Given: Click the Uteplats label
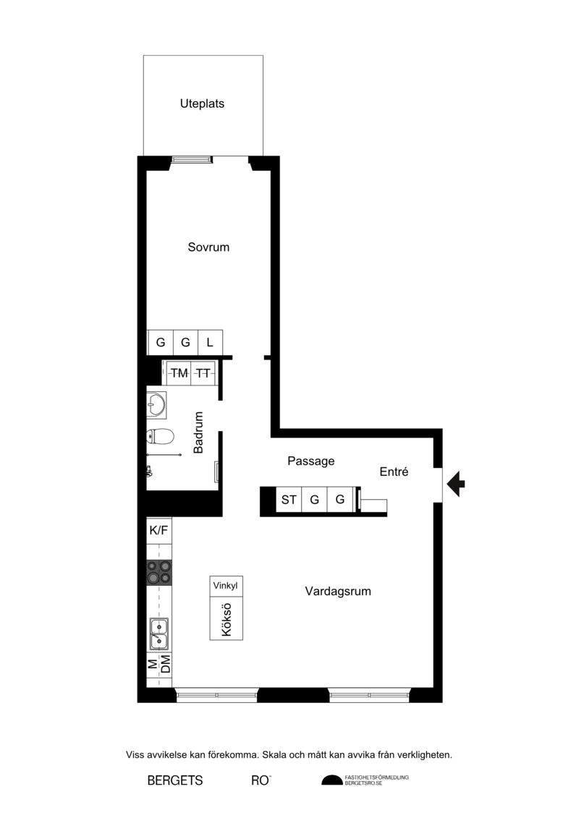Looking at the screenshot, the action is (x=202, y=104).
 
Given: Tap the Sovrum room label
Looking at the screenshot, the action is (x=208, y=247).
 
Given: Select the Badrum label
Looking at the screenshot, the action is (x=198, y=433).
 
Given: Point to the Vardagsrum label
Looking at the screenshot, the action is (x=338, y=591).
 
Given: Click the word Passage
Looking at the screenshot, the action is (x=310, y=461).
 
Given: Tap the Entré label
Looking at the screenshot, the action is (x=394, y=472).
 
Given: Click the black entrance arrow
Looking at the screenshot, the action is (x=456, y=484).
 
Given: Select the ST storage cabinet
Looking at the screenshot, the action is (x=289, y=500).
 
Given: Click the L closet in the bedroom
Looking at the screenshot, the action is (x=211, y=342).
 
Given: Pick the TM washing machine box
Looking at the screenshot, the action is (x=179, y=373).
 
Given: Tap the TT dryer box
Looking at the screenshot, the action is (x=203, y=373).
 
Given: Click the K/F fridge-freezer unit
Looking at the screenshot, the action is (x=159, y=531).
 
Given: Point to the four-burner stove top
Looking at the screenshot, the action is (x=159, y=572).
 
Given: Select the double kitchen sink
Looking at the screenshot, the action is (x=159, y=634).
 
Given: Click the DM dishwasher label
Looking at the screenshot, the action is (x=166, y=665).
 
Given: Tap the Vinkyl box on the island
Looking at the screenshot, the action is (x=226, y=585).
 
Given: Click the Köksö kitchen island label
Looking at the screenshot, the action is (x=226, y=619).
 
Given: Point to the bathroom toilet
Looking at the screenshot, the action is (x=159, y=436).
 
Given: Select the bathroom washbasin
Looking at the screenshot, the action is (x=156, y=405).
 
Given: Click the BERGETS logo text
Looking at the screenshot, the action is (x=175, y=780).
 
